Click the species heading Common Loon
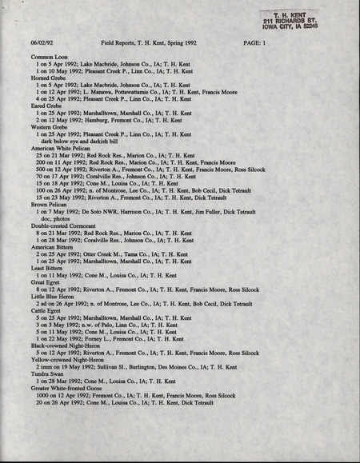(x=49, y=58)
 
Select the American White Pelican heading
(x=64, y=149)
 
